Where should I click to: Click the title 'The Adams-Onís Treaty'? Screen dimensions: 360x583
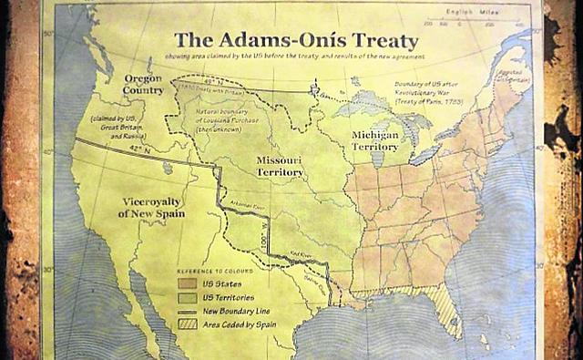(296, 41)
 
